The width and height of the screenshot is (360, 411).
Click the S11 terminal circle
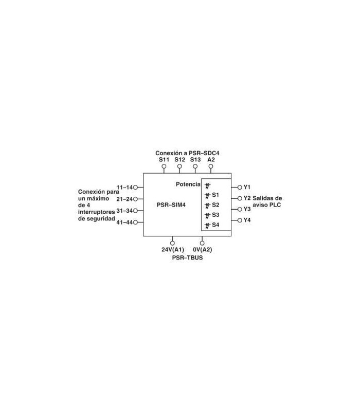click(164, 166)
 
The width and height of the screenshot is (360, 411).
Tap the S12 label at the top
click(179, 160)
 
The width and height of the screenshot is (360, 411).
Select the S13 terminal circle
click(195, 166)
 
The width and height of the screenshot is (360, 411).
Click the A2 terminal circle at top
click(211, 166)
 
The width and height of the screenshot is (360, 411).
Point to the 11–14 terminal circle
click(135, 188)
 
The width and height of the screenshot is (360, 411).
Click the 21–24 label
click(124, 199)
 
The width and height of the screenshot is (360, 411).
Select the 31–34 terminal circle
click(135, 211)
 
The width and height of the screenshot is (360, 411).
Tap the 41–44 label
click(124, 222)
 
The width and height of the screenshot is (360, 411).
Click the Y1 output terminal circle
click(240, 188)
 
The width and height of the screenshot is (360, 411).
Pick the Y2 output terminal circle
click(240, 198)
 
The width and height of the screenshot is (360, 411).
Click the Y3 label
click(247, 209)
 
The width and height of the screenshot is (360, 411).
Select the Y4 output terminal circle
click(240, 220)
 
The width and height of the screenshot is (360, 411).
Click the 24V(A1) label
click(173, 250)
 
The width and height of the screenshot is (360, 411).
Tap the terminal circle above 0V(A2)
click(202, 243)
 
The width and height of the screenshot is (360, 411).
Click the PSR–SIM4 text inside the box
click(171, 204)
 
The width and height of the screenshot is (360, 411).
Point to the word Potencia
click(188, 184)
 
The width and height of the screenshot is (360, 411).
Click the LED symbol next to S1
click(208, 196)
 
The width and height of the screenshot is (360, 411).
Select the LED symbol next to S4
click(208, 226)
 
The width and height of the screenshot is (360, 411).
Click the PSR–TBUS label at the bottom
click(187, 258)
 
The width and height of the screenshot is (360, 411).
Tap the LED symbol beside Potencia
click(208, 186)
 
